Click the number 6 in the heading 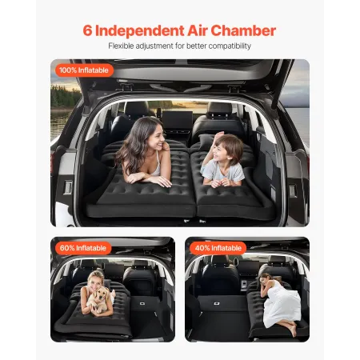point(88,31)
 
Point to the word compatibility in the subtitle point(228,46)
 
